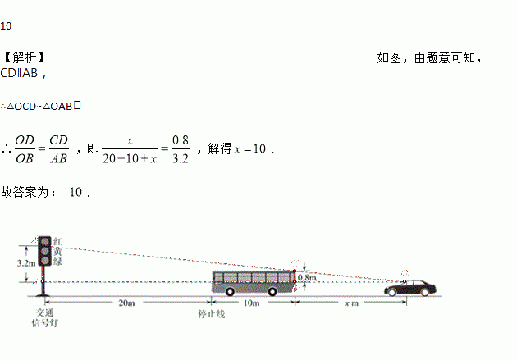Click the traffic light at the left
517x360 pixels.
point(44,250)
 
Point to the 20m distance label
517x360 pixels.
point(126,303)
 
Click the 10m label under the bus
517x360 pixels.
point(251,303)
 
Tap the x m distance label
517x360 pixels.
point(351,303)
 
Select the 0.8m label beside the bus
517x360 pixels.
point(306,278)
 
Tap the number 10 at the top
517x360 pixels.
point(6,25)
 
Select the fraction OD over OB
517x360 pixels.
point(25,149)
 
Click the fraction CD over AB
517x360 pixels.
point(58,149)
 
